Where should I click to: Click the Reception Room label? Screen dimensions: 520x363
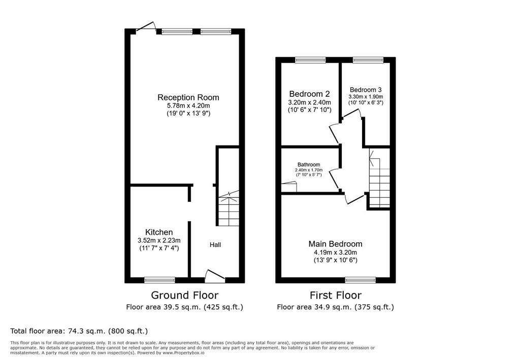coord(188,97)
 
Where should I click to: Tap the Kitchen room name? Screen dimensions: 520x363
coord(159,232)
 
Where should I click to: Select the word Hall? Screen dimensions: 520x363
coord(215,245)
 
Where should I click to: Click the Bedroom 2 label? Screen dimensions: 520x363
coord(309,94)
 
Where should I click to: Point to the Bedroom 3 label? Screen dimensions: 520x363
coord(366,90)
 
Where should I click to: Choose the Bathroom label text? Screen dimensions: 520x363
coord(309,165)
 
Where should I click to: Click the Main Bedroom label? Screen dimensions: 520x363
coord(335,244)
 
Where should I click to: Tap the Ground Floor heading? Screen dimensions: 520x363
coord(185,295)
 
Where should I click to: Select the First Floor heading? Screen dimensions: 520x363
coord(336,295)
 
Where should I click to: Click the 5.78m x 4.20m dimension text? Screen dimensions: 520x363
coord(188,105)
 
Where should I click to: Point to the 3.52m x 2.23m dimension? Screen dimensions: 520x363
coord(159,240)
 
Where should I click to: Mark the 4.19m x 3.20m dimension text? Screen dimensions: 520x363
coord(336,252)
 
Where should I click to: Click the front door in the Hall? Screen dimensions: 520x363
coord(215,276)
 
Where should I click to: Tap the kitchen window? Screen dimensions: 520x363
coord(160,280)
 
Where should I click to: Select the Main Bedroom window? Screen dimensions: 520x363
coord(361,280)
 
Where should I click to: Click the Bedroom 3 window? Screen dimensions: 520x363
coord(368,60)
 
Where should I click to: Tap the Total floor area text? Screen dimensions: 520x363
coord(79,331)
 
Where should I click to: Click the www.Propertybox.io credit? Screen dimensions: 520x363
coord(183,353)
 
